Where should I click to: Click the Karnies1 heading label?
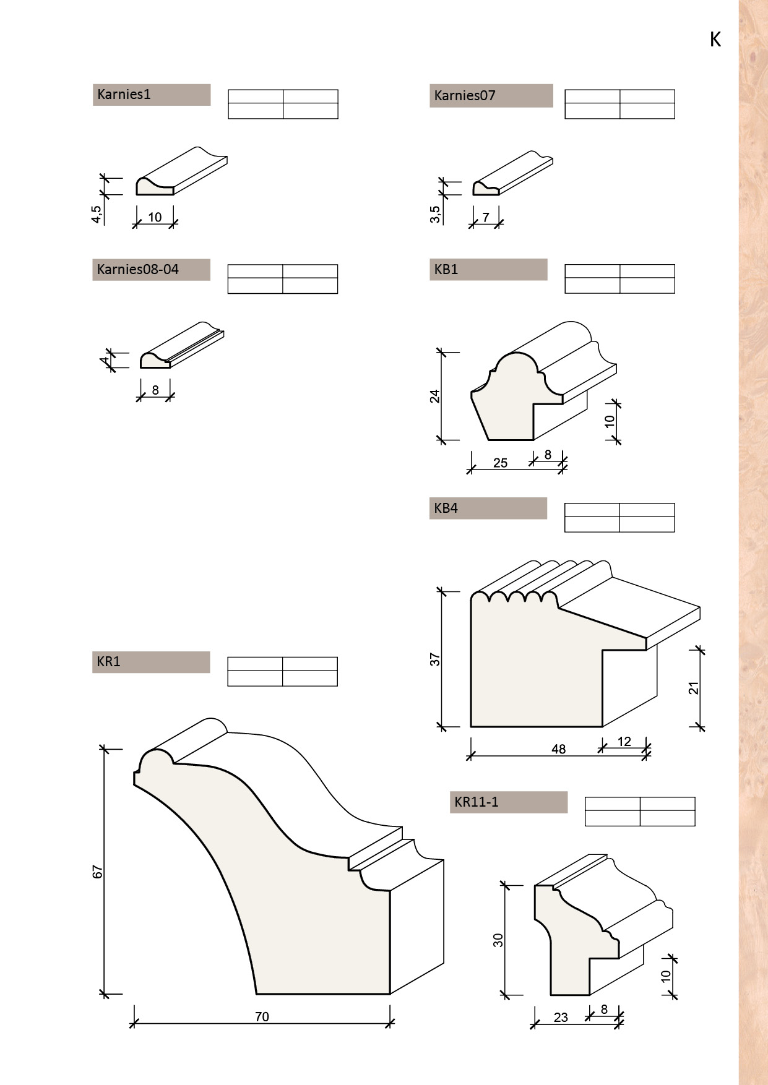124,95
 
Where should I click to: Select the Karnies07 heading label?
465,96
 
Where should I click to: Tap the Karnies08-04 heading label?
138,270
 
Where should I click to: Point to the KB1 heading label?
446,270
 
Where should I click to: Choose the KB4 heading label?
446,508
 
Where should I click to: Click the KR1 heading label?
108,662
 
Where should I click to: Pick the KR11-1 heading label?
477,802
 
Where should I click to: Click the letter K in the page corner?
715,40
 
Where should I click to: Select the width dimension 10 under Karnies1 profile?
155,217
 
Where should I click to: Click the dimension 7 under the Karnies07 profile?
486,218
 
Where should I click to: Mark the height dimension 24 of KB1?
435,397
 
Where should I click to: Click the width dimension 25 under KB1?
500,463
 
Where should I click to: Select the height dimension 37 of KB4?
435,659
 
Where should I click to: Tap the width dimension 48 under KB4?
558,750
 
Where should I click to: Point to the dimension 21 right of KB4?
694,688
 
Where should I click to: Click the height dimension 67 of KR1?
98,872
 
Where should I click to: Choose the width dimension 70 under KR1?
262,1017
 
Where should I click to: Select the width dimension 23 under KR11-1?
561,1018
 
